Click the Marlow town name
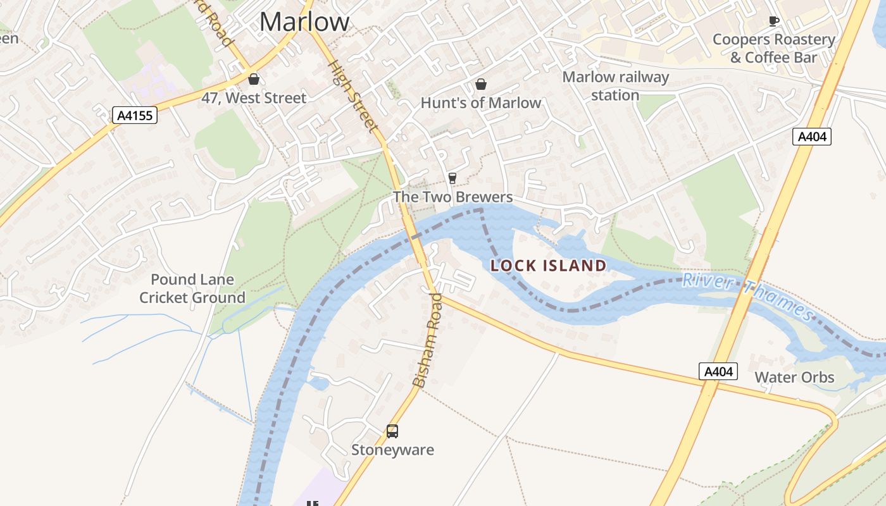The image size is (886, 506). click(304, 22)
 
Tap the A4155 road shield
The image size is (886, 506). click(134, 115)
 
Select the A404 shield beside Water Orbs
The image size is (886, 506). click(718, 371)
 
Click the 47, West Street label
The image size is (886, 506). click(254, 98)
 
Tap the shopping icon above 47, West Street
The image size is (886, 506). click(254, 79)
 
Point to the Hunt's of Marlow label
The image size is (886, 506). click(481, 102)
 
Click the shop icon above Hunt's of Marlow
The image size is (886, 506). click(481, 84)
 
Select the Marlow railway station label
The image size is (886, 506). click(615, 86)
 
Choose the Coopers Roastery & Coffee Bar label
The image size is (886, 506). click(773, 48)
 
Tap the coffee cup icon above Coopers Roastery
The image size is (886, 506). click(773, 21)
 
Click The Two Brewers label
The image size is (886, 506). click(452, 197)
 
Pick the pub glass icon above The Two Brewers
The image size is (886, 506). click(452, 178)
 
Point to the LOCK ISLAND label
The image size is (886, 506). click(549, 266)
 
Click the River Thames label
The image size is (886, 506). click(747, 294)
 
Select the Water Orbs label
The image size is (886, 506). click(794, 378)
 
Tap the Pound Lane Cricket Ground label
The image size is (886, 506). click(192, 288)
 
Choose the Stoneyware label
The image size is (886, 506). click(392, 450)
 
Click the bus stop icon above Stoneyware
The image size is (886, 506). click(392, 431)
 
